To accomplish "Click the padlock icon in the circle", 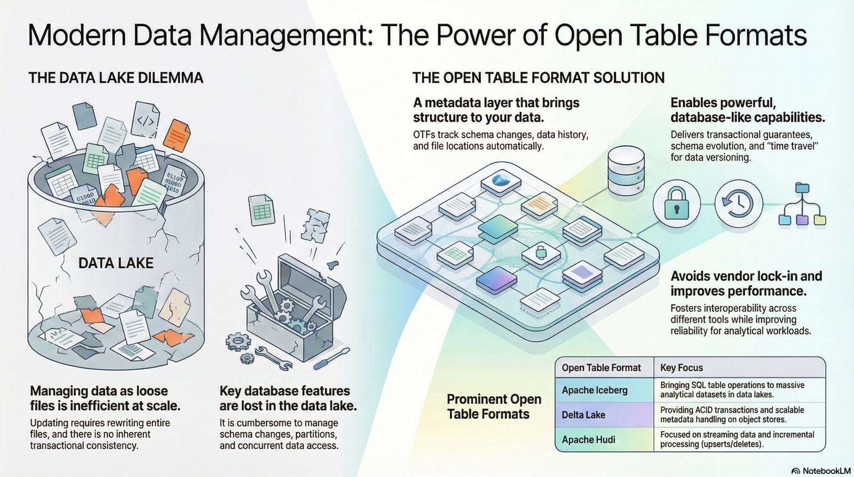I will coord(676,204).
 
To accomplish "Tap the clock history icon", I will coord(738,204).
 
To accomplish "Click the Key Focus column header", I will coord(682,367).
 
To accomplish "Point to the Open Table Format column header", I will coord(601,367).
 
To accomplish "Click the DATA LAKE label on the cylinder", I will coord(116,263).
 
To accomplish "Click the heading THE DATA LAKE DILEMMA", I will coord(116,78).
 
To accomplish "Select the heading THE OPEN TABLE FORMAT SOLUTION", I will coord(538,78).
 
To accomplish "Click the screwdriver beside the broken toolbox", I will coord(331,358).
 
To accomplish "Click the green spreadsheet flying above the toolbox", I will coord(261,210).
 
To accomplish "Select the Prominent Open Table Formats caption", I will coord(494,406).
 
